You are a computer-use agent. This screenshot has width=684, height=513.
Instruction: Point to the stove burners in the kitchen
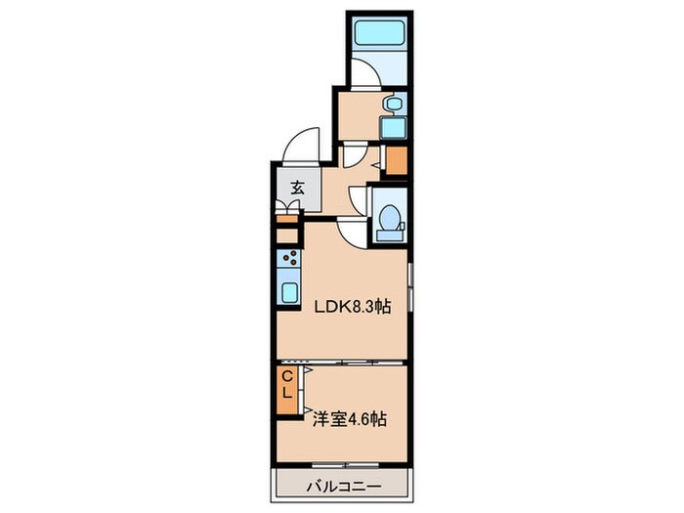point(290,261)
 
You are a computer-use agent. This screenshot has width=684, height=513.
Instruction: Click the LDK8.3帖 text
point(352,307)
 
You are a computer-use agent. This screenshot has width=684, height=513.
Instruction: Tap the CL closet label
point(287,385)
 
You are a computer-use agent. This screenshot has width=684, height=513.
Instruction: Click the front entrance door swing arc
point(297,148)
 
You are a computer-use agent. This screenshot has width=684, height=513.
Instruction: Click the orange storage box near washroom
point(397,158)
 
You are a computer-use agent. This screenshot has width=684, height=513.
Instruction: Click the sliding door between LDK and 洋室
point(342,361)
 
